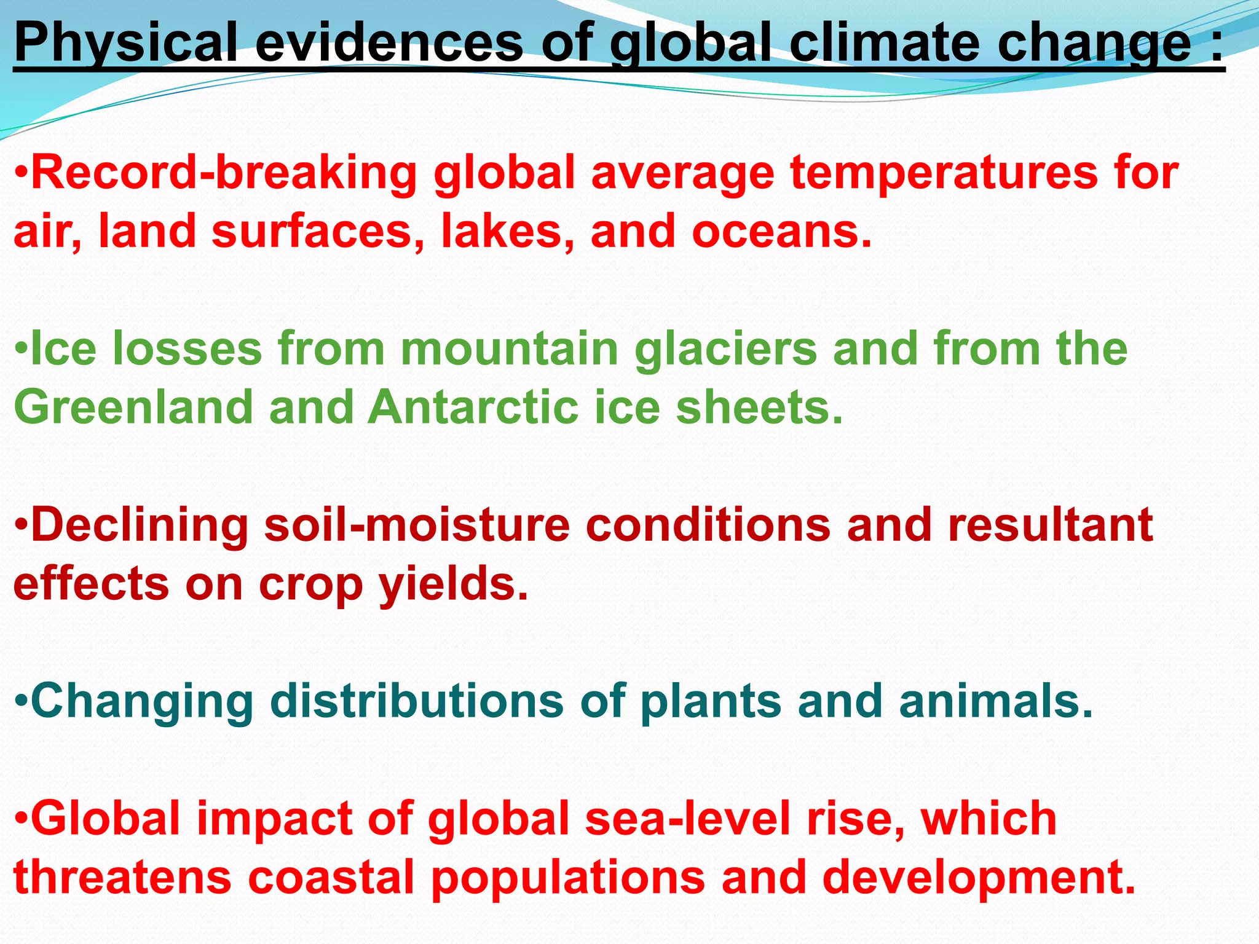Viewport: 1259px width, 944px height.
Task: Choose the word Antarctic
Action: tap(473, 407)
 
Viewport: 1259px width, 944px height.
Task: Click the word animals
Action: tap(996, 701)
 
